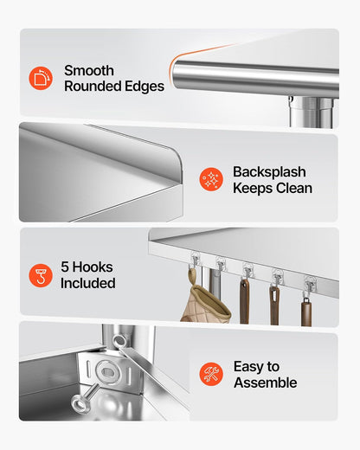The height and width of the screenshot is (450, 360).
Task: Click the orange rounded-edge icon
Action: [x=41, y=78]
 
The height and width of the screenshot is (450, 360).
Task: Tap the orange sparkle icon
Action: [x=211, y=179]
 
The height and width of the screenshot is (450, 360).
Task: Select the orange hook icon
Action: [x=41, y=275]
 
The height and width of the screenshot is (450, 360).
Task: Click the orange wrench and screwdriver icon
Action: [x=211, y=374]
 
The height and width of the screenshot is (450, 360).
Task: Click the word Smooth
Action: [x=89, y=71]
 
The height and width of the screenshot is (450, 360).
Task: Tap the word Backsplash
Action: [x=269, y=172]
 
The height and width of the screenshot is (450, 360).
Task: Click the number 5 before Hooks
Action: [x=65, y=267]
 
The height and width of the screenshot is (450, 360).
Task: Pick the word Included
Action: [x=88, y=283]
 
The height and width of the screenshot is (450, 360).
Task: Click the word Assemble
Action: [x=266, y=382]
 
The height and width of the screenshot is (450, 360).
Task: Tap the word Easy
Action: [x=248, y=367]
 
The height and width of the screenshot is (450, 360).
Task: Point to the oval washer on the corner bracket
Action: [x=107, y=371]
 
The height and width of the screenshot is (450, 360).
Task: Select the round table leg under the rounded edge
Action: [x=313, y=112]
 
